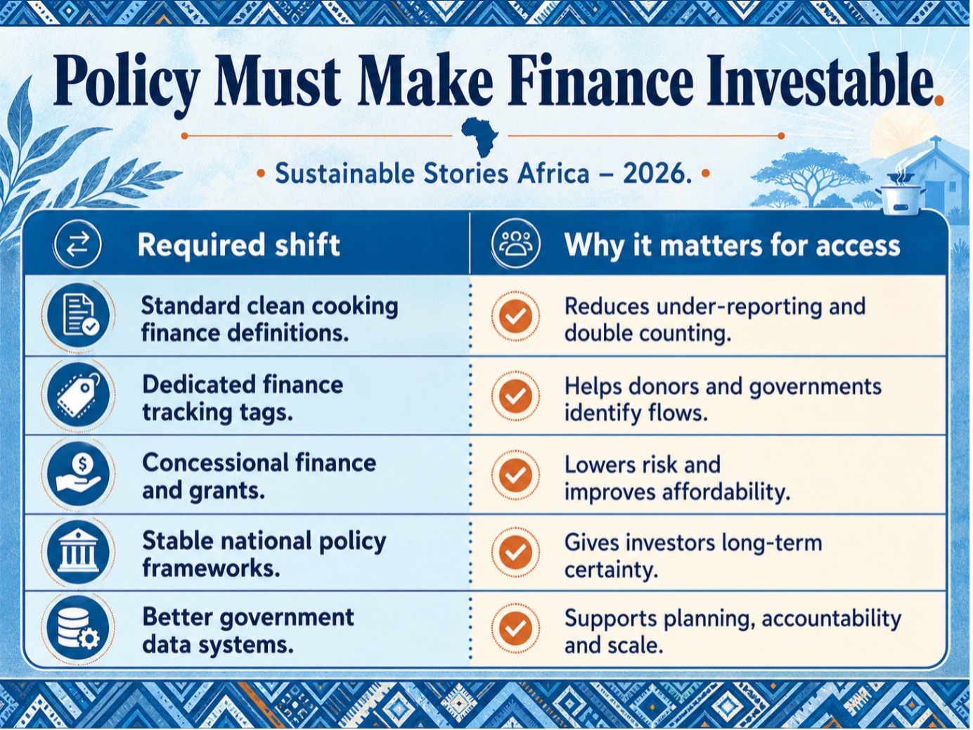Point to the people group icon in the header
point(515,244)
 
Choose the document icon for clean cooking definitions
point(78,315)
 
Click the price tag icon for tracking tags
point(78,395)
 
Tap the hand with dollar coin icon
point(78,473)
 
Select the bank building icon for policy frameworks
point(78,552)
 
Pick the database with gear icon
point(78,627)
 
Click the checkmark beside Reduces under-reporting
point(515,316)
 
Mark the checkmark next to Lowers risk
point(515,474)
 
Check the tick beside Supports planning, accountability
point(515,627)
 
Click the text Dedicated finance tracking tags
point(243,398)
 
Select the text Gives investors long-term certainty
point(693,556)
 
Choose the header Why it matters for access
point(733,245)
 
